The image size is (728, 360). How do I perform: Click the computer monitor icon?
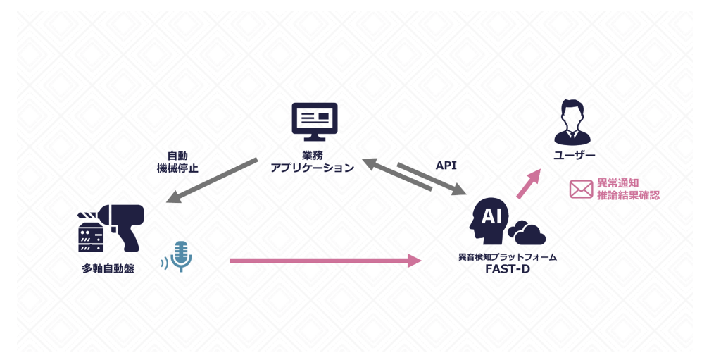click(315, 121)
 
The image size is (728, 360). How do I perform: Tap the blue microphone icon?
click(181, 256)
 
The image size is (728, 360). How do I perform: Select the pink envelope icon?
click(581, 189)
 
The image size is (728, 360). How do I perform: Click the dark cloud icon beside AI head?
click(527, 232)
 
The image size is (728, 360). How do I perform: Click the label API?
click(446, 166)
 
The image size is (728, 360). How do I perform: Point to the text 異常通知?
click(617, 182)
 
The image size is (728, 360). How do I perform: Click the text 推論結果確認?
click(628, 195)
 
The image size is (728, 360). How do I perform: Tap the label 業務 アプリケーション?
click(312, 161)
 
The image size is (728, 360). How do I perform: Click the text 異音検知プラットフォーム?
click(507, 257)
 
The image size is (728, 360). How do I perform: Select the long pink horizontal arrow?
click(325, 261)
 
